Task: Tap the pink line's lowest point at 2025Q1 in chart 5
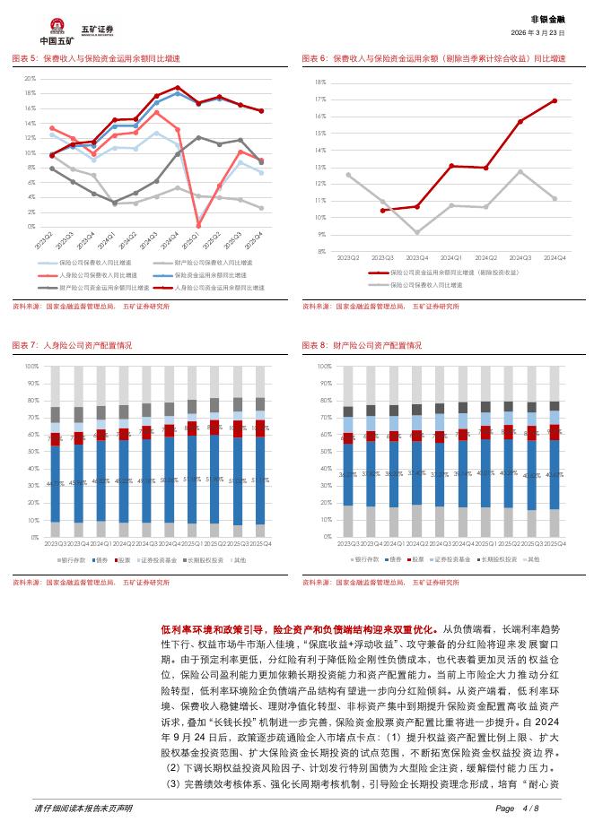click(198, 225)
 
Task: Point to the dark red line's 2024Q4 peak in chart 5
click(178, 88)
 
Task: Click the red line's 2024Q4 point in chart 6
click(555, 100)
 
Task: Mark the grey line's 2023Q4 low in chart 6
click(416, 232)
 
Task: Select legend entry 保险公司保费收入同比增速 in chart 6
click(422, 283)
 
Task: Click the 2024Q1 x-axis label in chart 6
click(450, 258)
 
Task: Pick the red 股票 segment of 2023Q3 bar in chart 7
click(56, 439)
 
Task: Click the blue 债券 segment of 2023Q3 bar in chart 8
click(348, 474)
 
